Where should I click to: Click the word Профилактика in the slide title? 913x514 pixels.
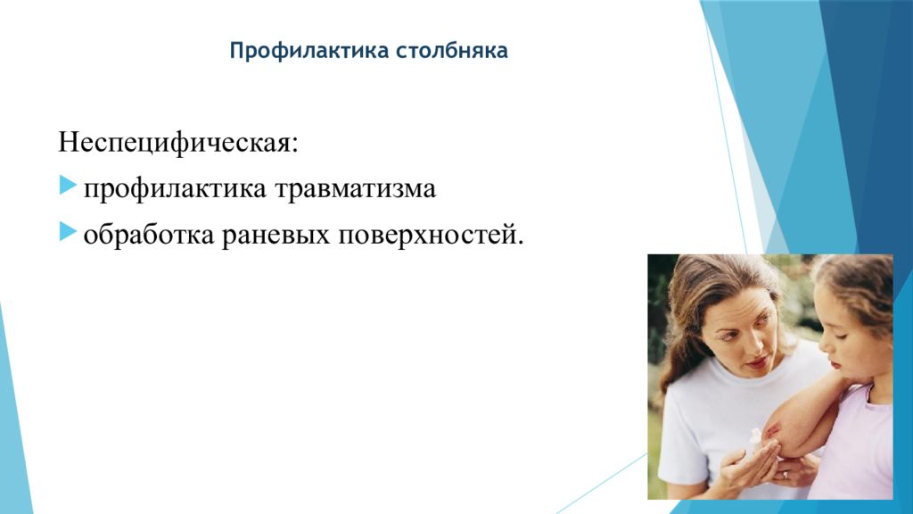[x=308, y=51]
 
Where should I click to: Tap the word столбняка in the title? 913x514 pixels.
[x=452, y=50]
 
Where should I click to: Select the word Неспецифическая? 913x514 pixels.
[x=174, y=142]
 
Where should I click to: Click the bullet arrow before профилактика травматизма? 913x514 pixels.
[x=68, y=186]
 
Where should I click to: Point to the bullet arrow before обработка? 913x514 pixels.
[x=68, y=232]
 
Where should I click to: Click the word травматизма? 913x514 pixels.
[x=355, y=189]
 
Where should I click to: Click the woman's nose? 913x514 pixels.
[x=749, y=344]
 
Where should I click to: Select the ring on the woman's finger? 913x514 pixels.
[x=786, y=475]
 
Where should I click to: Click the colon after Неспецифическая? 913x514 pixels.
[x=294, y=145]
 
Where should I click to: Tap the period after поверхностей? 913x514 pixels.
[x=521, y=242]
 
